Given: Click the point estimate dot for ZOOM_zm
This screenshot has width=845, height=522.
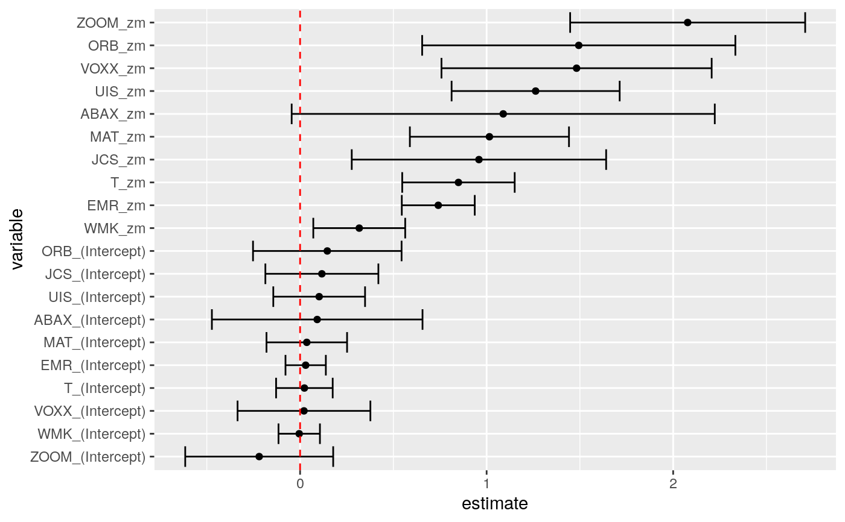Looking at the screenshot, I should click(x=687, y=22).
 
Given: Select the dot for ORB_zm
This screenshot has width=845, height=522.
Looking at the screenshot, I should click(x=579, y=45).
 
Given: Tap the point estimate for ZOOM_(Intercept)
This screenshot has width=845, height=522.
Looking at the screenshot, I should click(x=259, y=456).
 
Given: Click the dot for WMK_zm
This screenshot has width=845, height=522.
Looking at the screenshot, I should click(x=359, y=228).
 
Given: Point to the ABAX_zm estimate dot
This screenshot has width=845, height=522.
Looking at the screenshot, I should click(x=503, y=114).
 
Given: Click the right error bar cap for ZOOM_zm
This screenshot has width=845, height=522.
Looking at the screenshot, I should click(x=805, y=22).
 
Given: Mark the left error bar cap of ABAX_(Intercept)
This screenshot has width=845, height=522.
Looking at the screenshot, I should click(x=212, y=319).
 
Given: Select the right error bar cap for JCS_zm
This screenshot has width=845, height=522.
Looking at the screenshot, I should click(x=606, y=160).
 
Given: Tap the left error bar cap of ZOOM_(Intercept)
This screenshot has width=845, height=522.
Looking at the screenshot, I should click(x=185, y=456).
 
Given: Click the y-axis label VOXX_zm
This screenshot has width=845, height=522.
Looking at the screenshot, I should click(x=113, y=68).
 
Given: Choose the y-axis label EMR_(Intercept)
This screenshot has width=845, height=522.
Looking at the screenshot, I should click(x=93, y=365).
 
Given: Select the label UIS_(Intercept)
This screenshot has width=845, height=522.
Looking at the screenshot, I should click(x=97, y=297).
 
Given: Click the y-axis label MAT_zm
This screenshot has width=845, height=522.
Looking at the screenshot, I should click(x=118, y=137).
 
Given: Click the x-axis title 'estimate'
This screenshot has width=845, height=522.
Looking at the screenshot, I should click(x=494, y=504).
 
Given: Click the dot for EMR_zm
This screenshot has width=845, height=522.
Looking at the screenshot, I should click(x=438, y=205).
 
